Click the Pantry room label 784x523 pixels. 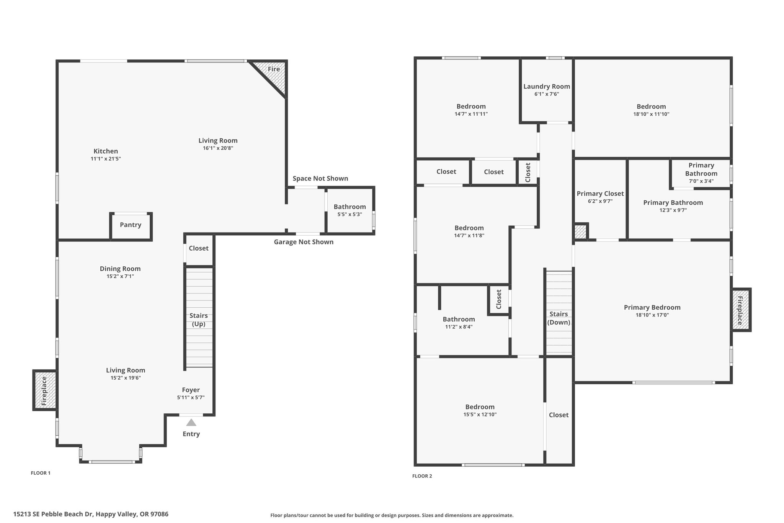(131, 225)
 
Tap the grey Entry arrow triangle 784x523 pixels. (191, 422)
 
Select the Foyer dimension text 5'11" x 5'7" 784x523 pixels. (191, 398)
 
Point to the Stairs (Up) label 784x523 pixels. (199, 320)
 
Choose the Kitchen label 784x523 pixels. (106, 151)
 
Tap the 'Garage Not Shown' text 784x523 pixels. (304, 242)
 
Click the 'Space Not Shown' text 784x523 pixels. (320, 179)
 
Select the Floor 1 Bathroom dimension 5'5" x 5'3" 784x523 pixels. (350, 215)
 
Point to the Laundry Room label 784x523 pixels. (547, 87)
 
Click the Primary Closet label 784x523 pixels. (600, 194)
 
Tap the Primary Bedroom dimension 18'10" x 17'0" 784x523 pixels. (652, 315)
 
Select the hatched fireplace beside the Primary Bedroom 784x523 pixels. (741, 310)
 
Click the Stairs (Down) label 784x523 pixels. (559, 318)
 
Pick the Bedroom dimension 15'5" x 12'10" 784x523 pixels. (480, 415)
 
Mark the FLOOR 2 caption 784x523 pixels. (422, 476)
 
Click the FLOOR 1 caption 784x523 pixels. (41, 473)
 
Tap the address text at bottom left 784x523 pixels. (91, 514)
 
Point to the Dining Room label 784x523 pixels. (120, 269)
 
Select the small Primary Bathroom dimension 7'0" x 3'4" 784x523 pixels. (701, 181)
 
